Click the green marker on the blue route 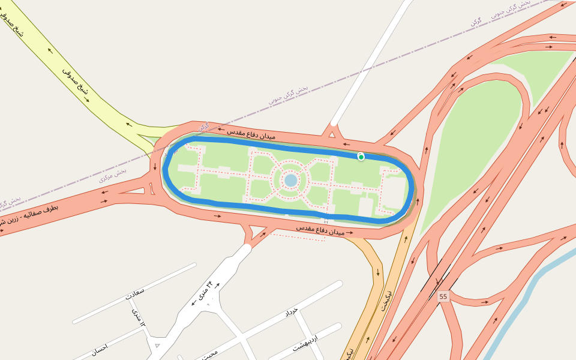coord(361,157)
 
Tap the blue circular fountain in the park coord(291,180)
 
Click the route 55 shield coord(443,297)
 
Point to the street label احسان coord(99,347)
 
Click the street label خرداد coord(291,312)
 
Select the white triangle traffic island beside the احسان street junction coord(157,345)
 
